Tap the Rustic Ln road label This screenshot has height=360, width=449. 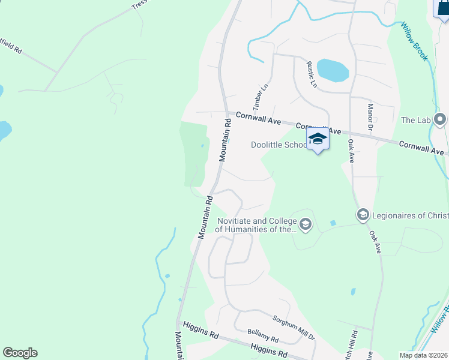click(x=311, y=74)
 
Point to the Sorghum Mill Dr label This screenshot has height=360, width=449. click(x=294, y=328)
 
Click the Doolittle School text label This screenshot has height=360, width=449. click(x=279, y=145)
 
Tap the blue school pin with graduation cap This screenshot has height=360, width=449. click(x=318, y=140)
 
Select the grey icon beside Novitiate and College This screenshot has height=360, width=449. click(x=306, y=224)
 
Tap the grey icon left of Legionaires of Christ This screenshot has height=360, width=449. click(x=363, y=215)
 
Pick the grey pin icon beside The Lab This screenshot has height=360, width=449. click(x=441, y=119)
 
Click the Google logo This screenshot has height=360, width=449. click(x=20, y=353)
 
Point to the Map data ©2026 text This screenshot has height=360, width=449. click(x=423, y=355)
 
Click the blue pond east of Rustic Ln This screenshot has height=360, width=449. click(x=333, y=70)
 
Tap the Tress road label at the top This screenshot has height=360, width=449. click(x=139, y=5)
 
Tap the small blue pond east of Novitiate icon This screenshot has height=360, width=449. click(x=333, y=223)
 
